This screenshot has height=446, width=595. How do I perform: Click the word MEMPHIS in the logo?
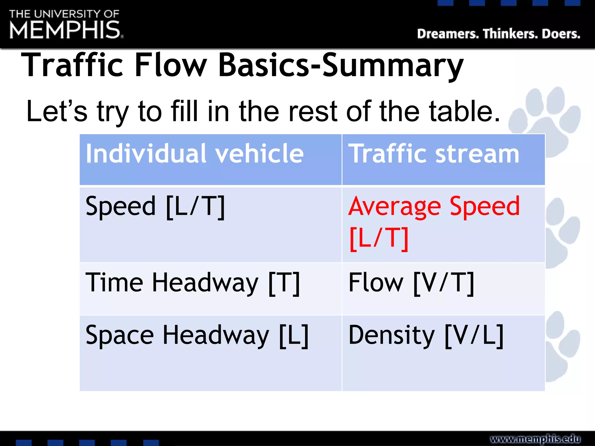tap(65, 30)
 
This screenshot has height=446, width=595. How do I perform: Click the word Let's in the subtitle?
tap(57, 111)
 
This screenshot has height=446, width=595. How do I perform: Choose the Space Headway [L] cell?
tap(197, 335)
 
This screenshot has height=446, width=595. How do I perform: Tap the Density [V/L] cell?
tap(426, 335)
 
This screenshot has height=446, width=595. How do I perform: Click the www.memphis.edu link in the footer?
tap(535, 438)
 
